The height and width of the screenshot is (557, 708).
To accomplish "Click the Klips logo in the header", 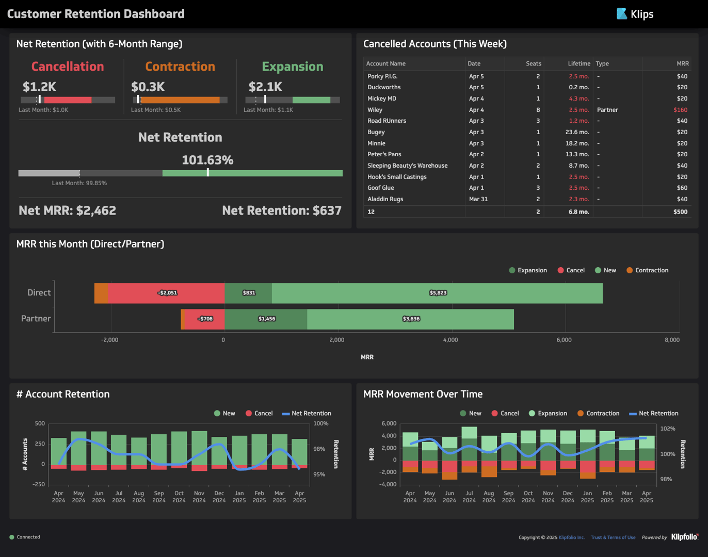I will point(635,14).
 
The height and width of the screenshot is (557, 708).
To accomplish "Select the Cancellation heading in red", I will point(68,67).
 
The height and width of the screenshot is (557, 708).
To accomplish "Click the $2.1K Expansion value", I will point(265,87).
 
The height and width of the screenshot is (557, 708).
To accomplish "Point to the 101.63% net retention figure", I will point(207,160).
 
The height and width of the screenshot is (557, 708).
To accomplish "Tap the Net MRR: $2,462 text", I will point(68,210).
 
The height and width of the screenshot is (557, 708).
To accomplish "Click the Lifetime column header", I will point(578,63).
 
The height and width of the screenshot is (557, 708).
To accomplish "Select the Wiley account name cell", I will point(375,110).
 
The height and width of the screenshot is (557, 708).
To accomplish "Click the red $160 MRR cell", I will point(680,110).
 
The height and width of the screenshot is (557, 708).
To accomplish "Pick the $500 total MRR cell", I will point(680,211).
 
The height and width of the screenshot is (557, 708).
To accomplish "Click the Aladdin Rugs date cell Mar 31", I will point(478,199).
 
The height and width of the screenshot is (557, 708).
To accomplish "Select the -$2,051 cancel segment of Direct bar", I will point(167,293).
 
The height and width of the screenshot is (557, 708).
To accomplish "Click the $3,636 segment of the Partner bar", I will point(411,319).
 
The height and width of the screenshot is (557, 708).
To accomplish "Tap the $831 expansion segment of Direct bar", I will point(249,293).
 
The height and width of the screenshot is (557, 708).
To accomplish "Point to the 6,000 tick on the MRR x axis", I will point(564,340).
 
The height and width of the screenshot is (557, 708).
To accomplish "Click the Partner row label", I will point(36,319).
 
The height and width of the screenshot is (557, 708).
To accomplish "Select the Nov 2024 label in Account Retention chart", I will point(199,497).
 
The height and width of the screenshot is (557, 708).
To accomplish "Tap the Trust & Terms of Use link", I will point(613,537).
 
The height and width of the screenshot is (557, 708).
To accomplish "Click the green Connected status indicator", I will point(12,537).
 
